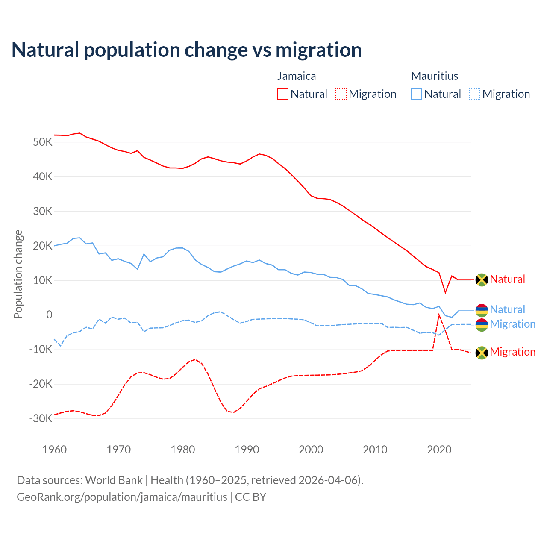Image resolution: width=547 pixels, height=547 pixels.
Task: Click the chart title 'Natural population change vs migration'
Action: click(x=187, y=50)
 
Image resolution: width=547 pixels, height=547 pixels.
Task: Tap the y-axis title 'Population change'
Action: click(x=18, y=274)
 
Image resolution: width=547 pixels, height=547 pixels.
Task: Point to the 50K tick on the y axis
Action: click(x=42, y=142)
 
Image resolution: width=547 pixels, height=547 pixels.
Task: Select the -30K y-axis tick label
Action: click(x=41, y=418)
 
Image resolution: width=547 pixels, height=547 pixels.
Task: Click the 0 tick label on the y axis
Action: click(x=49, y=315)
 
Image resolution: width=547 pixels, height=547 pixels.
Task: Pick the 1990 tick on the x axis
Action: click(x=247, y=450)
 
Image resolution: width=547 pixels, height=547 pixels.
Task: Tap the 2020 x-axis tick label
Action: click(x=439, y=450)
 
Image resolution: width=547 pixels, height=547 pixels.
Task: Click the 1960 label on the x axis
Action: click(x=55, y=450)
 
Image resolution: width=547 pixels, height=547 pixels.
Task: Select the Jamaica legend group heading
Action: click(x=297, y=76)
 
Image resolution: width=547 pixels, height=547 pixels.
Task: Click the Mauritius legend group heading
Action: click(x=435, y=76)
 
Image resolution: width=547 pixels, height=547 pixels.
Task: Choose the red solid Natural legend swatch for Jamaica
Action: click(x=283, y=94)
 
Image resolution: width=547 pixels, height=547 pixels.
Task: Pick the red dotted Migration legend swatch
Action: click(x=341, y=94)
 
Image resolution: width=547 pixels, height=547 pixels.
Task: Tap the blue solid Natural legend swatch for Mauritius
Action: click(x=417, y=94)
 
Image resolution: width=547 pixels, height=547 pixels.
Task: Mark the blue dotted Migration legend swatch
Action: click(x=475, y=94)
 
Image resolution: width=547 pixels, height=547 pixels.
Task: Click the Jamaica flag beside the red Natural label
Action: click(x=482, y=279)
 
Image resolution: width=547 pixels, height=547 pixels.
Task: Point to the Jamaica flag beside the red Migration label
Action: click(x=482, y=353)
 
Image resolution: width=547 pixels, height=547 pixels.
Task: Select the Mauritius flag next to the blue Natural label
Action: click(x=482, y=310)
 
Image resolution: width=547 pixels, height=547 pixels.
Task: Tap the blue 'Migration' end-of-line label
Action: click(x=513, y=324)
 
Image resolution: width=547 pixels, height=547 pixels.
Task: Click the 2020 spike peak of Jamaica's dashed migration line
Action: click(x=439, y=315)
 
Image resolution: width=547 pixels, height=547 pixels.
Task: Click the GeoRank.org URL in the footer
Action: click(x=122, y=497)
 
